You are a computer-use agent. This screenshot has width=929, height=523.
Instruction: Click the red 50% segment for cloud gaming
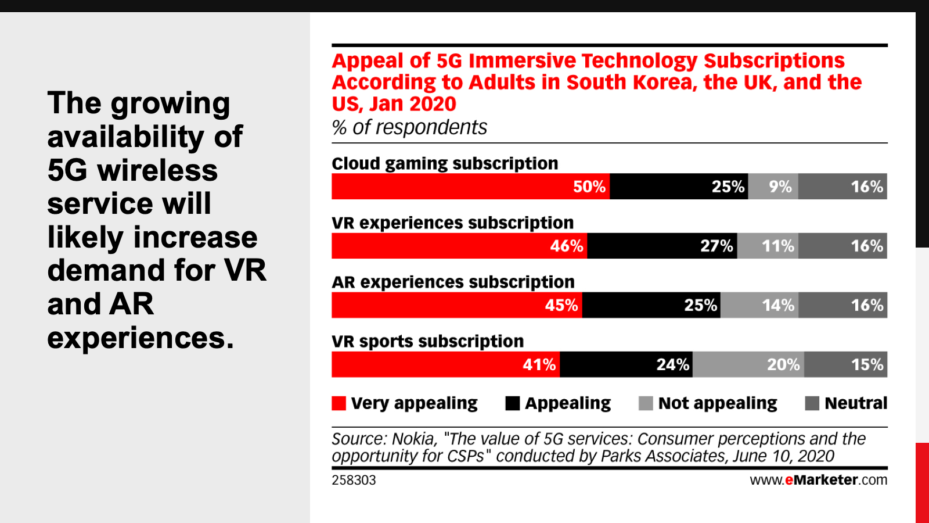pos(470,187)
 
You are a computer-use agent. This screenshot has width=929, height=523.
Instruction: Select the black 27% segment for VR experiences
pos(662,246)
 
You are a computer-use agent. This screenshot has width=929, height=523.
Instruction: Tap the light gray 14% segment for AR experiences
pos(759,305)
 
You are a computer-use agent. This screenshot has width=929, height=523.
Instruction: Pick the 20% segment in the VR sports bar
pos(748,364)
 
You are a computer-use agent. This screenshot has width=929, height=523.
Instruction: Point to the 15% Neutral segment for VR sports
pos(846,364)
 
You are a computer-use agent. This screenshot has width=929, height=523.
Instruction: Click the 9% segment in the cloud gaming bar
pos(773,187)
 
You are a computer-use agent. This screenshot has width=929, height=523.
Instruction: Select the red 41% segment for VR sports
pos(445,364)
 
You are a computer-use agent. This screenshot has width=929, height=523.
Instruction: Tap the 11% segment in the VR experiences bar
pos(768,246)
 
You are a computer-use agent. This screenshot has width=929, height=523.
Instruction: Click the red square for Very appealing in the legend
pos(339,403)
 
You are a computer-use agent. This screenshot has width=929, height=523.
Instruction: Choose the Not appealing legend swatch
pos(646,403)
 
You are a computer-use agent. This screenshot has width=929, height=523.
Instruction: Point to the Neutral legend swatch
pos(812,403)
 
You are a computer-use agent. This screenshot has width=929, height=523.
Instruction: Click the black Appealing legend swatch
pos(513,403)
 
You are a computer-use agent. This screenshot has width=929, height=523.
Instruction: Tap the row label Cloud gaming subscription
pos(445,163)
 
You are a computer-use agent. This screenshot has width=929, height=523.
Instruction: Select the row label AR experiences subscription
pos(453,282)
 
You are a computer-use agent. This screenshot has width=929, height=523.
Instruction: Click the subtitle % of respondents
pos(409,127)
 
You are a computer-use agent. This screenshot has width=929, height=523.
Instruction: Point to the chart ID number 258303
pos(354,480)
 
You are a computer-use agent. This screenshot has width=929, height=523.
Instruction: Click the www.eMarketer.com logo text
pos(818,480)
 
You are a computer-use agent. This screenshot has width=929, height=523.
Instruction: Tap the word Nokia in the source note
pos(414,439)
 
